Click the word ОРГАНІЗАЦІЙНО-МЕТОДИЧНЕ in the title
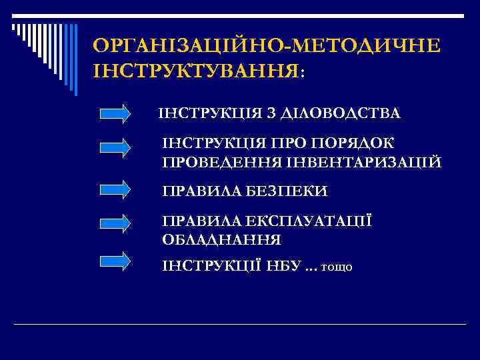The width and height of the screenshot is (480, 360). pyautogui.click(x=267, y=46)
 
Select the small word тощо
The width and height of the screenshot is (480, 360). pyautogui.click(x=337, y=267)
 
